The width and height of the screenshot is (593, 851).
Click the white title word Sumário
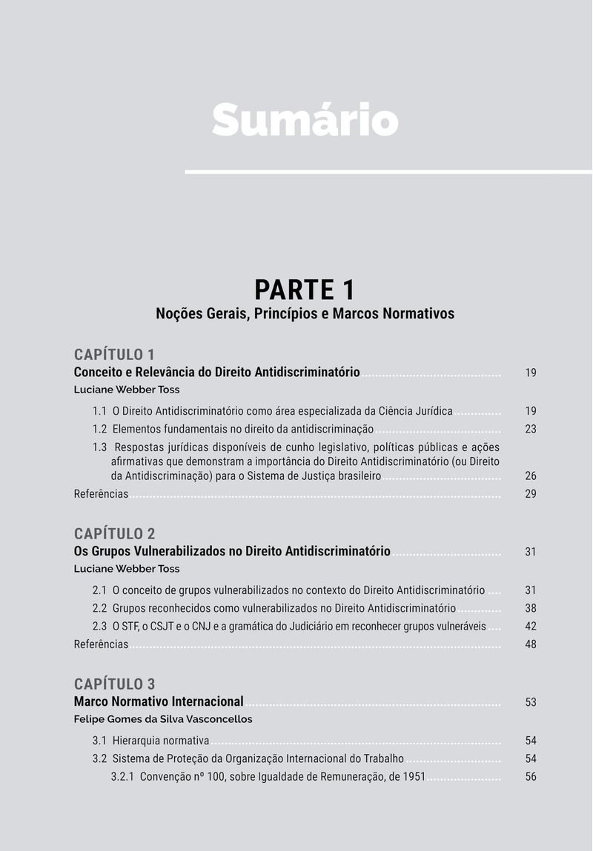[305, 119]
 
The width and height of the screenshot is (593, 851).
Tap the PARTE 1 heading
[305, 289]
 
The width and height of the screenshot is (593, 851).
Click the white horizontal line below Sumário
[388, 172]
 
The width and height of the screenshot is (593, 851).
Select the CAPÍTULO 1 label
[114, 354]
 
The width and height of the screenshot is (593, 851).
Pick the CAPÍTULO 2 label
[114, 533]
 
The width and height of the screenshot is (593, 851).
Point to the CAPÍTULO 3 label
[114, 684]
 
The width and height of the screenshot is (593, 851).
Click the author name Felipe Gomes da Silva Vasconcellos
[163, 719]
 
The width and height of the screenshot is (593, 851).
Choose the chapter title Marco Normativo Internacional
[159, 701]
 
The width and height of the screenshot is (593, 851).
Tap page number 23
[531, 429]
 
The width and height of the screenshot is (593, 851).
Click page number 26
[531, 476]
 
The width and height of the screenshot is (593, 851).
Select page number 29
[531, 494]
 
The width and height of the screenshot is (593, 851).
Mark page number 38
[531, 609]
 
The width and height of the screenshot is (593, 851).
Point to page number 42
[531, 627]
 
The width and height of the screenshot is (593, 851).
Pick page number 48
[531, 644]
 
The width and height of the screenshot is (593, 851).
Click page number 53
[531, 702]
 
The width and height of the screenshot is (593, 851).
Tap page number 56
[531, 777]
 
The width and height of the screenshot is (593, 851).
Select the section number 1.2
[100, 429]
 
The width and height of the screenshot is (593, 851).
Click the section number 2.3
[100, 627]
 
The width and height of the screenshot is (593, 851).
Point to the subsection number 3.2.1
[122, 777]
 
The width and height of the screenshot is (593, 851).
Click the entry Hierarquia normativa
[161, 741]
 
